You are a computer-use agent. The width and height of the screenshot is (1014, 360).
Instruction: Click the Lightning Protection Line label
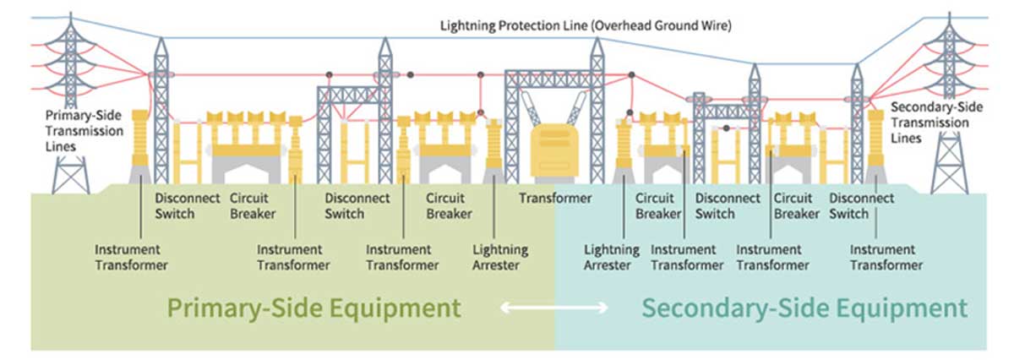(586, 26)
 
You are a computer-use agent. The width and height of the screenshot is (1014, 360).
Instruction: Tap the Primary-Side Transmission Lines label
(84, 131)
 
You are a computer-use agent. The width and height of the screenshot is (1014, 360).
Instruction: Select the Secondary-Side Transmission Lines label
(936, 123)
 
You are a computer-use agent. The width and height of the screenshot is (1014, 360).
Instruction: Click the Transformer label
(555, 199)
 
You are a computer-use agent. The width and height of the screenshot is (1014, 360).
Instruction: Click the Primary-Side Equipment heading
(313, 308)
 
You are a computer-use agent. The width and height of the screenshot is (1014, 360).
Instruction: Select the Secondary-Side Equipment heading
(804, 308)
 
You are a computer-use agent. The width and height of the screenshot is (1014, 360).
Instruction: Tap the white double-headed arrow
(553, 308)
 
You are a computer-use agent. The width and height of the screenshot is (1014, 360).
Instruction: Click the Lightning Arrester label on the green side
(500, 257)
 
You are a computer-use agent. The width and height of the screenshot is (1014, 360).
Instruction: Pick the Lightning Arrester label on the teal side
(612, 257)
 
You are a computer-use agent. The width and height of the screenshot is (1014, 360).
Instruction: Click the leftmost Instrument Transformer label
(131, 257)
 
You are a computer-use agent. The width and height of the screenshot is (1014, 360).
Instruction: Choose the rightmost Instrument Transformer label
(886, 257)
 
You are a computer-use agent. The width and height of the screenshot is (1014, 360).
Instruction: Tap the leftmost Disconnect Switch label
(188, 206)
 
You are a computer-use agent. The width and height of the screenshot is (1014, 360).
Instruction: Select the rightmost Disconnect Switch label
(861, 206)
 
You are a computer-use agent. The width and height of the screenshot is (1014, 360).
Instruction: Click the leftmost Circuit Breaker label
(253, 206)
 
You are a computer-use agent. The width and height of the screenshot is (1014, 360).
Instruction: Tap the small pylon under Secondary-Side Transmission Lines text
(950, 163)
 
